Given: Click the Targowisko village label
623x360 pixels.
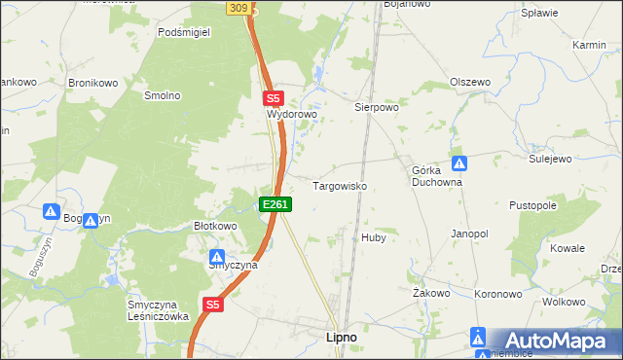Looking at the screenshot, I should pos(339,185).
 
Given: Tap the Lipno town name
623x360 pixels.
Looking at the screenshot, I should pos(339,337).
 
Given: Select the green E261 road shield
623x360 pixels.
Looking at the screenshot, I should pos(275,204).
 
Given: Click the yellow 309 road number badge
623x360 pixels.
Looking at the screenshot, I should pos(239,7).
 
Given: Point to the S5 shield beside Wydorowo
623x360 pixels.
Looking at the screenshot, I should pos(273,98).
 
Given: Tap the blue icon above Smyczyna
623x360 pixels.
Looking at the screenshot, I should pos(218,256).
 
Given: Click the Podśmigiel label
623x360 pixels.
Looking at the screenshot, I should pos(185,31).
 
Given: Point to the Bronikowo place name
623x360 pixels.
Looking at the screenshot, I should pos(92,84).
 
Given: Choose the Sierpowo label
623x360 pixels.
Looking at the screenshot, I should pos(377,108).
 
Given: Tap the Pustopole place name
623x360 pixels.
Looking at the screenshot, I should pos(532,206).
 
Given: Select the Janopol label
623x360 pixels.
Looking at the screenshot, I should pos(468,234).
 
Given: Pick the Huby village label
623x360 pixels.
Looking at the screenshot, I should pos(374,237).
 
